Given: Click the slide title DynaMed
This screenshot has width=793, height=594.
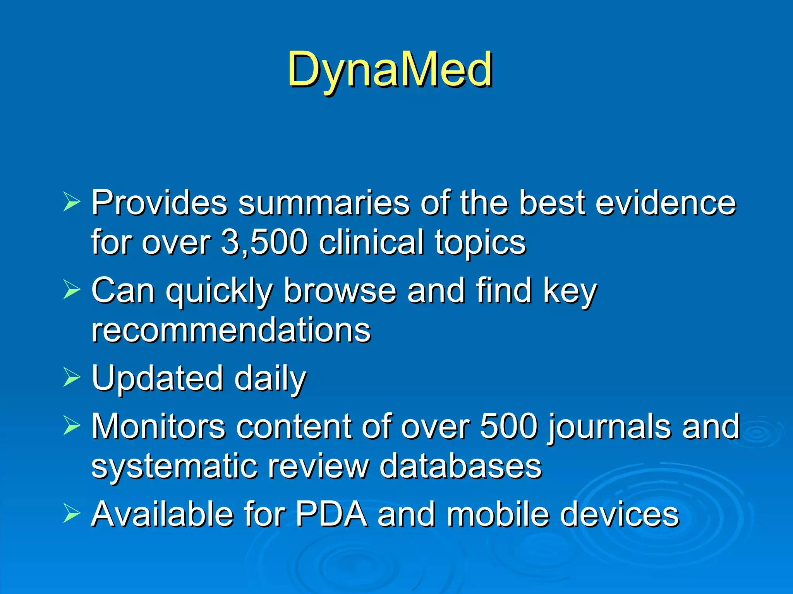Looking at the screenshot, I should [390, 70].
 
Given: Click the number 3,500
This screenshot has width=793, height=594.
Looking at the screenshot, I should [264, 242].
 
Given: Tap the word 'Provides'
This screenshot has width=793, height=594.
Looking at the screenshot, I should [159, 203].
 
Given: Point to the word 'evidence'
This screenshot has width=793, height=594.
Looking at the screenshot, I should [665, 203].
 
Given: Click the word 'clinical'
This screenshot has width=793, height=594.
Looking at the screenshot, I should [371, 242].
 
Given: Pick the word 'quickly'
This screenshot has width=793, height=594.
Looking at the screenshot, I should [219, 291].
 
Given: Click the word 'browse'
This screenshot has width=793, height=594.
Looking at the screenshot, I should [340, 290].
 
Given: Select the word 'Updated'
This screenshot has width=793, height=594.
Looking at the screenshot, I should [157, 378].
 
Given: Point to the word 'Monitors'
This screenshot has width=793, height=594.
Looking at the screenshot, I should [158, 427].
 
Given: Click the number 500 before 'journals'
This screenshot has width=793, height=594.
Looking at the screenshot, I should [509, 427].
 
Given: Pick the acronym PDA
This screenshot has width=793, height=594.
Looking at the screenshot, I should [331, 514].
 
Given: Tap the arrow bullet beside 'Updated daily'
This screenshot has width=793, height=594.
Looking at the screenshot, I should [71, 377].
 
